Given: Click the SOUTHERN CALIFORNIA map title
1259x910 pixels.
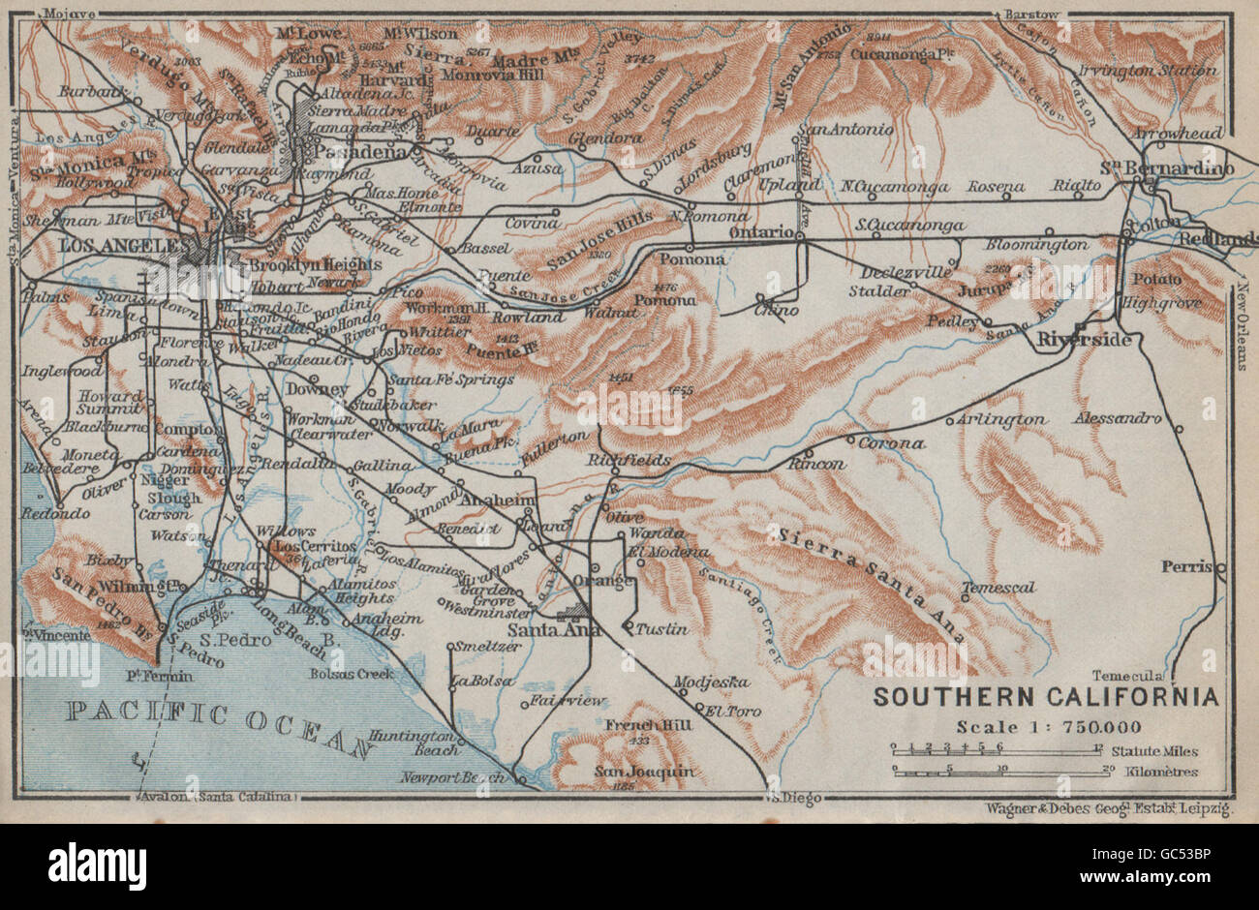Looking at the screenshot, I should tap(1046, 697).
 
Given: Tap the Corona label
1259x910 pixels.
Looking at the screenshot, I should tap(897, 443).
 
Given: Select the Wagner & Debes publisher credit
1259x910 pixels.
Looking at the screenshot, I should tap(1107, 805).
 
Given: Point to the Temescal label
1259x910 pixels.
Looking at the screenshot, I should tap(999, 588).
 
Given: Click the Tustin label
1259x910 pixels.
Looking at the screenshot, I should tap(663, 629).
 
